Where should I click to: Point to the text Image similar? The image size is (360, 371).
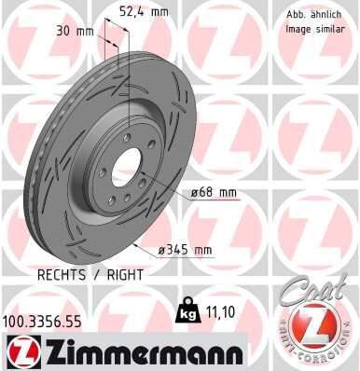(309, 28)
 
